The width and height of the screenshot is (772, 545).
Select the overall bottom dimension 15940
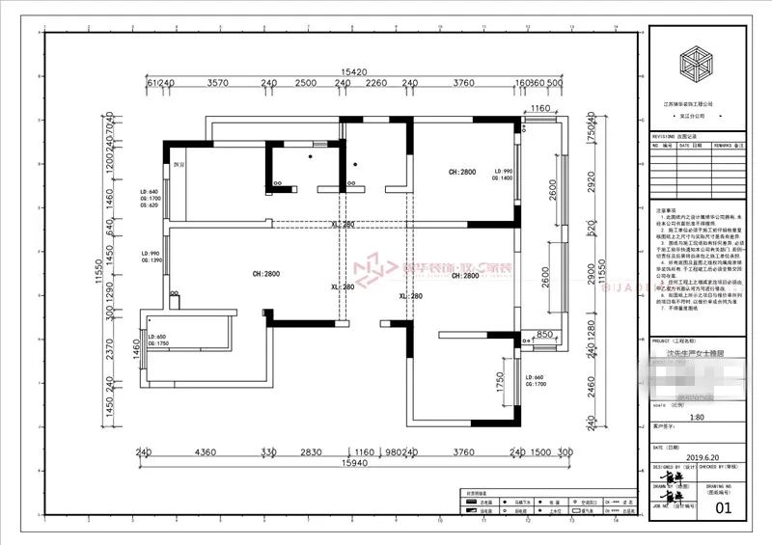[355, 464]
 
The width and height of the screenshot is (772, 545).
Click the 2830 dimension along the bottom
[310, 451]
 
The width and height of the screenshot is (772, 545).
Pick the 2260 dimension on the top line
[376, 84]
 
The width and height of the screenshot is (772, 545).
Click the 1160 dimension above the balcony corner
[539, 108]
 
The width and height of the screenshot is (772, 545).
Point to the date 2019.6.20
[673, 461]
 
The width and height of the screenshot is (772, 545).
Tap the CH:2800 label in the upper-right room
[462, 172]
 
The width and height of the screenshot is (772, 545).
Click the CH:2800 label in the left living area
[238, 274]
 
